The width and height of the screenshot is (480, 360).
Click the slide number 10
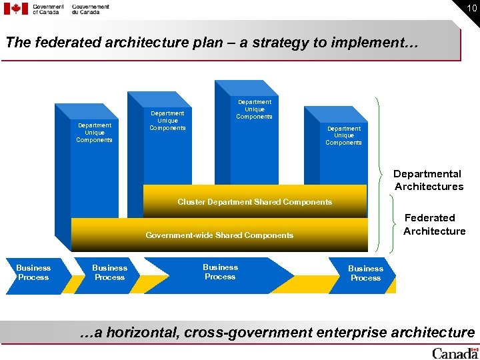471,8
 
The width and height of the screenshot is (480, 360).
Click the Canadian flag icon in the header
16,9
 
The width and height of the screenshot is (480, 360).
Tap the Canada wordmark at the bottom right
455,353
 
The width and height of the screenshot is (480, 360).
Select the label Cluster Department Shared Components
254,202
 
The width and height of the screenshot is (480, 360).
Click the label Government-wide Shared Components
219,235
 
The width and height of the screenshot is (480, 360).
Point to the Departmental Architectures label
428,181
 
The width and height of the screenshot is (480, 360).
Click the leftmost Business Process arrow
33,273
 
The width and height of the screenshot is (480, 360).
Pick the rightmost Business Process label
365,273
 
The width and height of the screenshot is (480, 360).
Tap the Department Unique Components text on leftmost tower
94,133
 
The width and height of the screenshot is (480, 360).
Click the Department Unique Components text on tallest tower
254,109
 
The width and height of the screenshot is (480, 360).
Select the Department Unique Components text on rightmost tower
343,135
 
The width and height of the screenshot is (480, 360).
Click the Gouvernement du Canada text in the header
91,9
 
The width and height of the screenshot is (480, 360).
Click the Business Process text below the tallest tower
220,272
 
